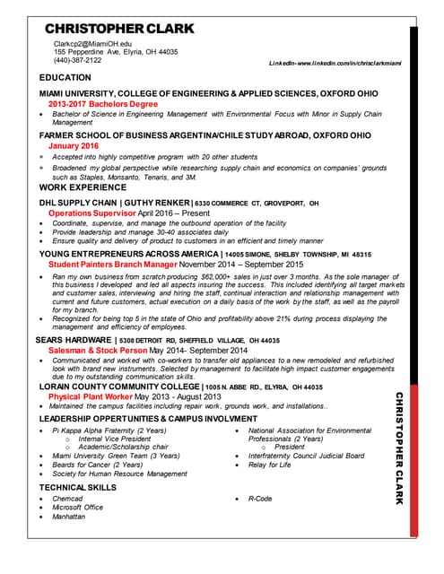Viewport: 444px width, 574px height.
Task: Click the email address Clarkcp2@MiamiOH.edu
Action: [93, 43]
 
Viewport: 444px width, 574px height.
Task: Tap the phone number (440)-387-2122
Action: [79, 60]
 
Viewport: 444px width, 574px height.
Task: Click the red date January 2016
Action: [74, 145]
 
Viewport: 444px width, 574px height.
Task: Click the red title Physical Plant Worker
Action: [90, 396]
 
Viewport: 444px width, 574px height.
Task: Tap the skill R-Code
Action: [260, 499]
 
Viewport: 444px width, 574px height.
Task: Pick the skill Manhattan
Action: [69, 517]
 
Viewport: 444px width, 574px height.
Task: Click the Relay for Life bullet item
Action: [270, 465]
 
